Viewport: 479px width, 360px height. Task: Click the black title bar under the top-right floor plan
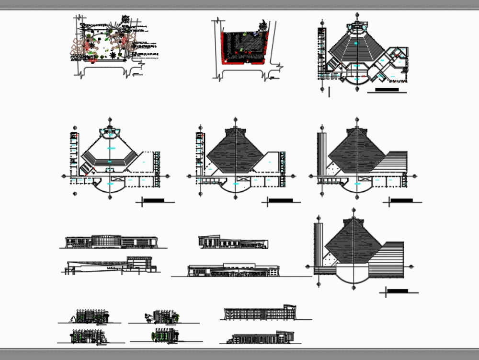[387, 89]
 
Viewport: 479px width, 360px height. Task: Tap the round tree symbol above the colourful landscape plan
[125, 19]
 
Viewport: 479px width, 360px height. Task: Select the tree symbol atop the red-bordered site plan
[263, 24]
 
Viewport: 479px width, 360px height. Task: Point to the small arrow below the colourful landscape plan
[137, 75]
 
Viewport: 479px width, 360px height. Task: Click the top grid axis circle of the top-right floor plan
[357, 15]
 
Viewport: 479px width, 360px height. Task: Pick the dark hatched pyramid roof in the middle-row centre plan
[235, 151]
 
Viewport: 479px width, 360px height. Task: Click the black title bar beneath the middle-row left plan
[154, 200]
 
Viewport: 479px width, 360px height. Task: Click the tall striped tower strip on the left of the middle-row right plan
[321, 153]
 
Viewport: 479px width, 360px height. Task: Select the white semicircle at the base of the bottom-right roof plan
[354, 273]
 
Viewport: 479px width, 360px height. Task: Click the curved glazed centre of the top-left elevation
[106, 241]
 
